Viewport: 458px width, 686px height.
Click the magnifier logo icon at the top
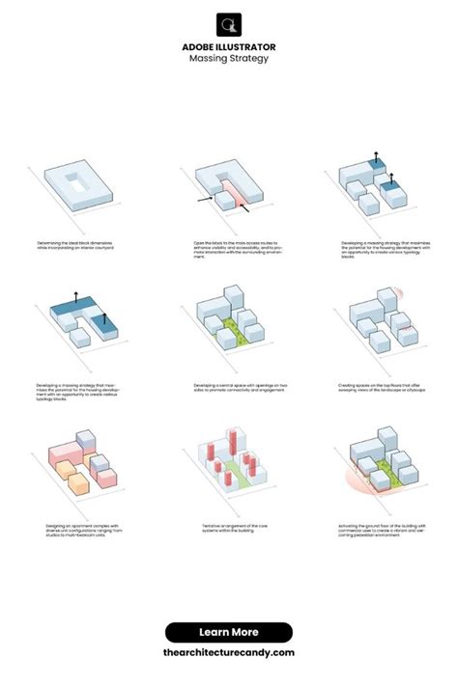(x=229, y=25)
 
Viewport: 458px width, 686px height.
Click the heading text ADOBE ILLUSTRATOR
(x=229, y=45)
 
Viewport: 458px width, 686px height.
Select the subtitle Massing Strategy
(x=229, y=59)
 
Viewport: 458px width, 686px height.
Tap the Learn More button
(x=229, y=632)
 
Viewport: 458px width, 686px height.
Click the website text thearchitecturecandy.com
(x=229, y=652)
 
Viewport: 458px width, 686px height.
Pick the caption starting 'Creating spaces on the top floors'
(x=381, y=388)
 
